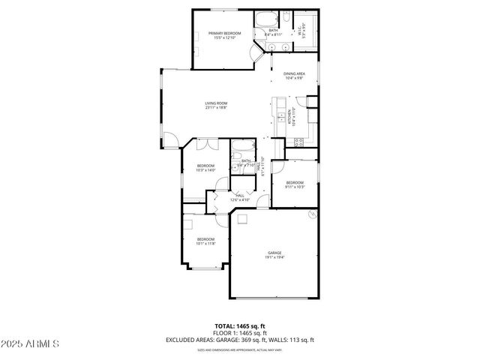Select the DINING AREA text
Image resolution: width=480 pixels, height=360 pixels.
point(293,73)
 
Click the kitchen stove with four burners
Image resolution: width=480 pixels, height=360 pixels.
point(298,141)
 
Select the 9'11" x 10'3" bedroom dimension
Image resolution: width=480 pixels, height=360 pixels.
point(294,186)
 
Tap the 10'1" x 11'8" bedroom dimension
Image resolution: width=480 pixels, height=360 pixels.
point(205,243)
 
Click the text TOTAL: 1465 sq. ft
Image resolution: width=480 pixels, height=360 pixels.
point(240,325)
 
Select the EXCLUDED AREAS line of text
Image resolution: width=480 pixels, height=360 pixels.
point(240,340)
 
